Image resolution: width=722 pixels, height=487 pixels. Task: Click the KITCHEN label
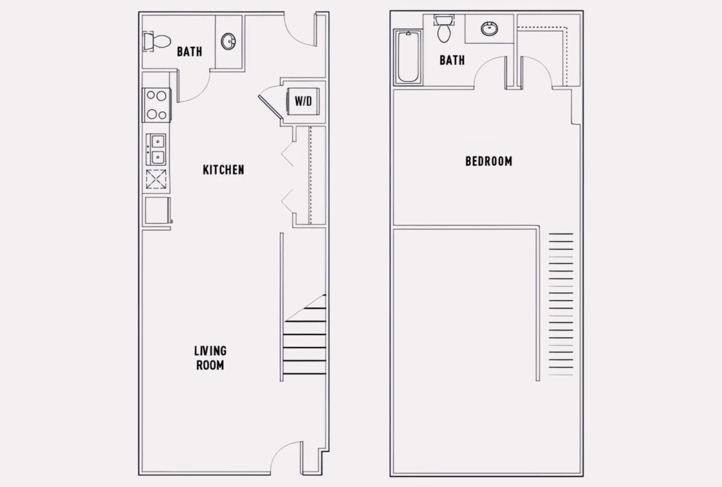[x=223, y=170]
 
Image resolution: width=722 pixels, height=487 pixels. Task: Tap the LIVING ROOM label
[x=210, y=358]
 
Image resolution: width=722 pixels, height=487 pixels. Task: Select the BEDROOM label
[x=489, y=161]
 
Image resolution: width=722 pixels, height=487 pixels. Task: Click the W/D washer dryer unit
[x=303, y=102]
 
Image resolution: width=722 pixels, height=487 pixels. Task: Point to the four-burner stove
[x=156, y=105]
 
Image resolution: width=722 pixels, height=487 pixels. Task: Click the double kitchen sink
[x=156, y=150]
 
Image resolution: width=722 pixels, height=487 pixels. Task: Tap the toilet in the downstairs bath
[x=156, y=41]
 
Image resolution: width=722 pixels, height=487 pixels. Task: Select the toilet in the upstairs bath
[x=444, y=28]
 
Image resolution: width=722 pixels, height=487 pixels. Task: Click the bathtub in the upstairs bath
[x=408, y=57]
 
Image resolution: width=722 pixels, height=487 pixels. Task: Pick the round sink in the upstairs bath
[x=489, y=29]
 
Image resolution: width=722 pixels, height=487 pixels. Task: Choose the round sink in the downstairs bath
[x=228, y=41]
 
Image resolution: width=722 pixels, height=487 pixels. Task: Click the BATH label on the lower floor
[x=190, y=52]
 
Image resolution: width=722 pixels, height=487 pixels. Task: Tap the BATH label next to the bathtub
[x=452, y=60]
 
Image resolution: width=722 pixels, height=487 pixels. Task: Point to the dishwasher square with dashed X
[x=156, y=179]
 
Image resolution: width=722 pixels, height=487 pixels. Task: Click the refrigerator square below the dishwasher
[x=158, y=210]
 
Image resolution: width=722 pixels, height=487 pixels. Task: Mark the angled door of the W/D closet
[x=270, y=107]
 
